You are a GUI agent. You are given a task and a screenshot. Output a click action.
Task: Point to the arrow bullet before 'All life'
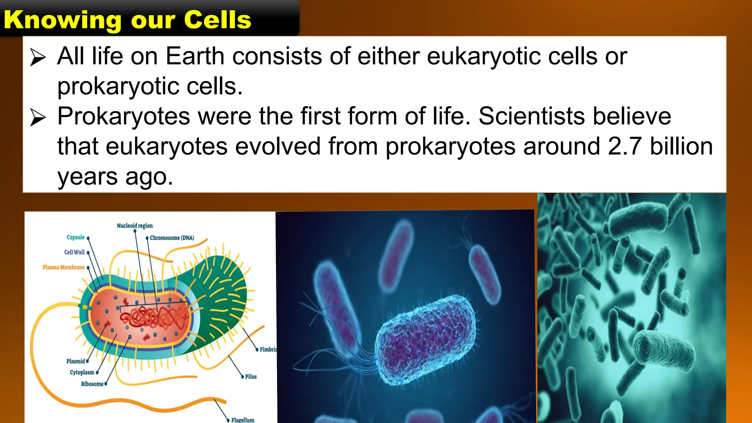click(x=38, y=58)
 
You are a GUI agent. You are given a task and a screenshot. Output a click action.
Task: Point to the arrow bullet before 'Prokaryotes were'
click(x=38, y=117)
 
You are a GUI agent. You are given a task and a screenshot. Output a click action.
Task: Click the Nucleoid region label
click(x=135, y=225)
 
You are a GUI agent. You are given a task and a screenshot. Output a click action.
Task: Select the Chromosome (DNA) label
click(x=172, y=238)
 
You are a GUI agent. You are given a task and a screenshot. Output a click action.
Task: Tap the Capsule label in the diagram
click(x=76, y=237)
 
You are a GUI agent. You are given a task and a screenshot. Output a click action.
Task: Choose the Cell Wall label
click(x=74, y=252)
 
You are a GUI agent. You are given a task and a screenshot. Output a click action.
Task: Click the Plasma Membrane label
click(x=64, y=267)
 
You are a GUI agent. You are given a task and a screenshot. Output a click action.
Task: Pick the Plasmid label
click(x=76, y=361)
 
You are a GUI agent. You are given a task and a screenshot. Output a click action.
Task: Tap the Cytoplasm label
click(x=82, y=372)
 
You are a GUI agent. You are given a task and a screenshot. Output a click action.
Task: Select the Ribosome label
click(x=92, y=384)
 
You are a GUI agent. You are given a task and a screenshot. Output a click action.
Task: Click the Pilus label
click(x=251, y=376)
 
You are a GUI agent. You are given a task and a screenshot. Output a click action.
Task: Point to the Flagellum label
click(x=243, y=420)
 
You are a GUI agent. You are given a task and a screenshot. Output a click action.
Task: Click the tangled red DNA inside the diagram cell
click(x=154, y=318)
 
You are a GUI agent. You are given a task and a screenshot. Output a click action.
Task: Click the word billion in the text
click(x=681, y=146)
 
